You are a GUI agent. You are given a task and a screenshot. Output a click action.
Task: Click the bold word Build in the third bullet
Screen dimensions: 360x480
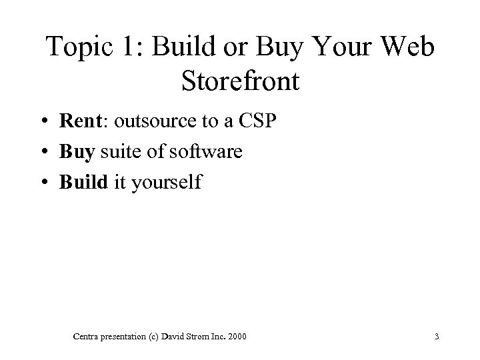[x=83, y=181]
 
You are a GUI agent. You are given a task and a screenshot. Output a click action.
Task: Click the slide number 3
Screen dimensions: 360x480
[x=436, y=337]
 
